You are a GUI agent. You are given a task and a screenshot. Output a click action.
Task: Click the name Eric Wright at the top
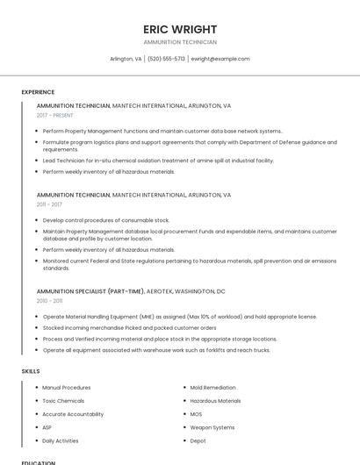180,29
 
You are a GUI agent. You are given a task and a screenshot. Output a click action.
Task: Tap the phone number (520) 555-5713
166,59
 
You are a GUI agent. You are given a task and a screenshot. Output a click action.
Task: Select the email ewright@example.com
220,59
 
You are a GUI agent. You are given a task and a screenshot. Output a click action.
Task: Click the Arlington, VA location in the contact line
126,59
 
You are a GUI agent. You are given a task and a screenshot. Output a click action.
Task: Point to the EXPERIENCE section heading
38,92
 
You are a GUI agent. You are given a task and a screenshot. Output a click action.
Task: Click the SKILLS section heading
31,371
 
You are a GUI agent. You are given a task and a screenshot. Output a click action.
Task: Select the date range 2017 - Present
55,115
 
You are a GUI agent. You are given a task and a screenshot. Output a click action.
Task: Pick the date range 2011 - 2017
49,204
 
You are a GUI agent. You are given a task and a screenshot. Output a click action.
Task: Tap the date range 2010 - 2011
49,301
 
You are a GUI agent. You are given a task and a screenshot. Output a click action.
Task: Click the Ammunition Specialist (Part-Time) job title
90,291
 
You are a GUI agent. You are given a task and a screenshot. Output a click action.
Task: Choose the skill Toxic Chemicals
63,401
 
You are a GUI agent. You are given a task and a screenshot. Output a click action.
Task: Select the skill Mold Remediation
212,387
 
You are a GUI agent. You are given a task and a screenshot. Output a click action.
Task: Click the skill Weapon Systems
212,427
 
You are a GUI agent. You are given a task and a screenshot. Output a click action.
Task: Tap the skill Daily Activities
61,440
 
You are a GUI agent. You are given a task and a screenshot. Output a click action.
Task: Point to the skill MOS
196,414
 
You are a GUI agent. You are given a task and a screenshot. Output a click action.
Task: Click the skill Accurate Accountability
73,414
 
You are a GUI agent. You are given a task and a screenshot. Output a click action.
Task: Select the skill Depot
198,440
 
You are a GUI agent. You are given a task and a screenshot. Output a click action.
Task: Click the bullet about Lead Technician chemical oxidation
158,161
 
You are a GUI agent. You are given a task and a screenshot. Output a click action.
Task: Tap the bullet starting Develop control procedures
106,220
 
